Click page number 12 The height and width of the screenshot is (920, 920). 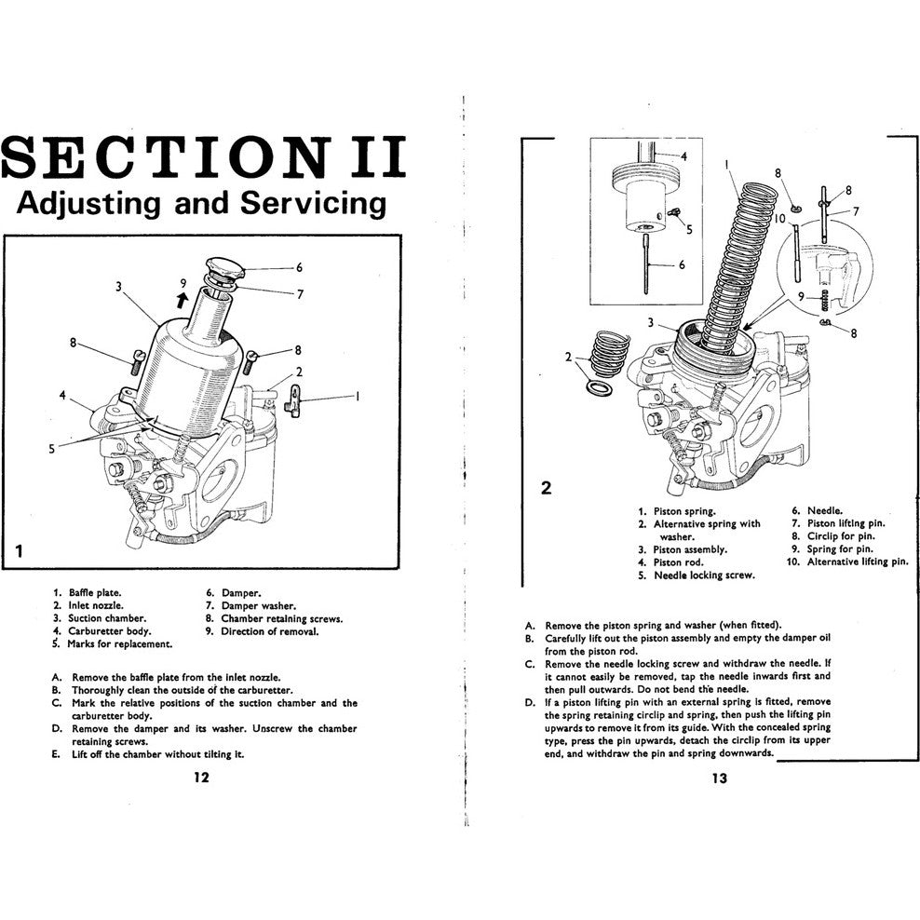tap(200, 778)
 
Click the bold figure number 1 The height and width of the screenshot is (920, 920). tap(19, 552)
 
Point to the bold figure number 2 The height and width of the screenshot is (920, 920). tap(547, 487)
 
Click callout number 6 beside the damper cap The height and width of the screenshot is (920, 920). tap(299, 268)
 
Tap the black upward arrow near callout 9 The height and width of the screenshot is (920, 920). tap(183, 298)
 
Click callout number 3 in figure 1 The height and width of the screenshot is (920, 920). tap(119, 287)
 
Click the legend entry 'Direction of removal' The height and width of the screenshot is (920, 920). tap(269, 631)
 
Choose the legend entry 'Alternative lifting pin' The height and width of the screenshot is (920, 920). tap(857, 562)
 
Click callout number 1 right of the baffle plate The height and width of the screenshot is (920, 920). tap(356, 396)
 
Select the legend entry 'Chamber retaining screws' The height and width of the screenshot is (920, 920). tap(281, 618)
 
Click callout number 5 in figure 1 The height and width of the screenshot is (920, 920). tap(52, 448)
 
